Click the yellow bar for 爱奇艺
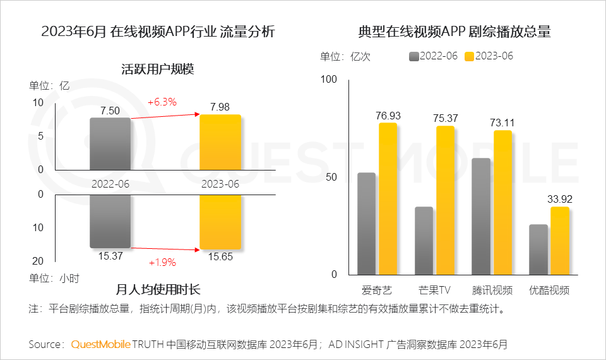click(388, 199)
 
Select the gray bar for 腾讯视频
click(482, 216)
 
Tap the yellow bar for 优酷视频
click(559, 241)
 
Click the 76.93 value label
click(388, 116)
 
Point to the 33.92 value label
click(559, 200)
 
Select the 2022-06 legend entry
click(433, 56)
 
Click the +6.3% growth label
click(162, 102)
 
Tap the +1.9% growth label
click(162, 262)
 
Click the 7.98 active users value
click(220, 105)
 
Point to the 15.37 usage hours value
click(110, 256)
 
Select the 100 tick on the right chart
click(330, 80)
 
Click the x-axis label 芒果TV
click(434, 291)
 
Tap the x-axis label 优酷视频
click(549, 291)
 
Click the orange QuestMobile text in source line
click(100, 344)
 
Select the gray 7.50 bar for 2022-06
click(110, 143)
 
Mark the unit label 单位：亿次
click(345, 56)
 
